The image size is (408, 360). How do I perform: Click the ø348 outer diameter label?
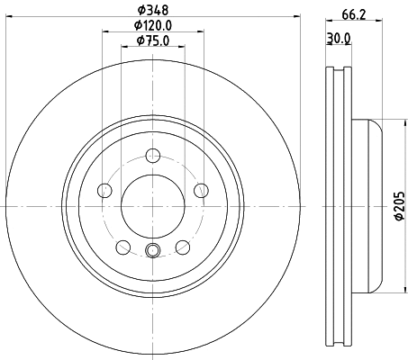click(x=152, y=11)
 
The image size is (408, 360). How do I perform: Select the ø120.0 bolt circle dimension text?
click(x=153, y=25)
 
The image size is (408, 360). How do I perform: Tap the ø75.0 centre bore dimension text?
click(x=153, y=40)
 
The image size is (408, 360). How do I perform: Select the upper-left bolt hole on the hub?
click(x=104, y=190)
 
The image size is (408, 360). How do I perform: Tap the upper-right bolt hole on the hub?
click(x=201, y=190)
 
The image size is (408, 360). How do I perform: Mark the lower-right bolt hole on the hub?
click(x=183, y=246)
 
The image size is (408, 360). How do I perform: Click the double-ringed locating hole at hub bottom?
click(x=152, y=251)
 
